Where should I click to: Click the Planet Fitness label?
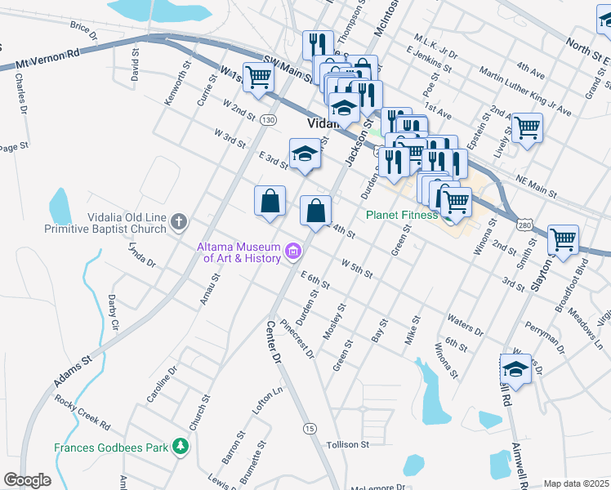403,216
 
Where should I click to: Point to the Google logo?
27,480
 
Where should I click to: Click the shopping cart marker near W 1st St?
259,78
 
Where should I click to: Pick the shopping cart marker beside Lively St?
527,127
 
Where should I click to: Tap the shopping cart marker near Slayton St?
563,238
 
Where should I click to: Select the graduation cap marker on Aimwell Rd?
515,369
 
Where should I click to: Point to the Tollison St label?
348,445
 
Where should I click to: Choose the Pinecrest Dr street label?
297,337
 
